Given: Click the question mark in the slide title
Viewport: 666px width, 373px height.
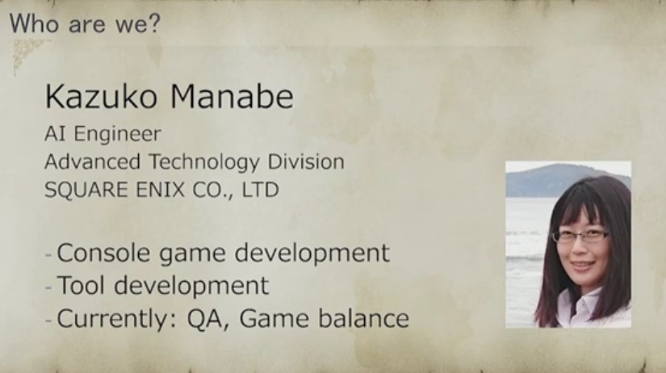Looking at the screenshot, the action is [x=153, y=23].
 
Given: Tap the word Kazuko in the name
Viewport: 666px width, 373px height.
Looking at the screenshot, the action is [x=101, y=97].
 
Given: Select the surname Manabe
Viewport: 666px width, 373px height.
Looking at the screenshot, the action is [x=232, y=97].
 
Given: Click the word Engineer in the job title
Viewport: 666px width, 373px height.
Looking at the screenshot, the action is [x=118, y=135].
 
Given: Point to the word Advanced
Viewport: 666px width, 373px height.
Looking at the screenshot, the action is [x=93, y=161].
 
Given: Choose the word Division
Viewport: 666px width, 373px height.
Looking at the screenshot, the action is [x=306, y=161].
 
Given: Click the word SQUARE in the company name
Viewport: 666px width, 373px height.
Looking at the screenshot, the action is [x=86, y=190].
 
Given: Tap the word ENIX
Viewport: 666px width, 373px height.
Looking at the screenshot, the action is [x=160, y=190].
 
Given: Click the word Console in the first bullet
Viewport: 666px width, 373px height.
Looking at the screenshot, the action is [x=103, y=253].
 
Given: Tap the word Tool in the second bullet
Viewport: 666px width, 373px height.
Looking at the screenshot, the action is [x=81, y=285].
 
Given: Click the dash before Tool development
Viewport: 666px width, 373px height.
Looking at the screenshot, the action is [x=48, y=287].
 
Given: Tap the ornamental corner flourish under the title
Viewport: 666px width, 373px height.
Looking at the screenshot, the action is [x=27, y=54].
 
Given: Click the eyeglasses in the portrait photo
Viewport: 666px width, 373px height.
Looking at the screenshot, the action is [x=580, y=236].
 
